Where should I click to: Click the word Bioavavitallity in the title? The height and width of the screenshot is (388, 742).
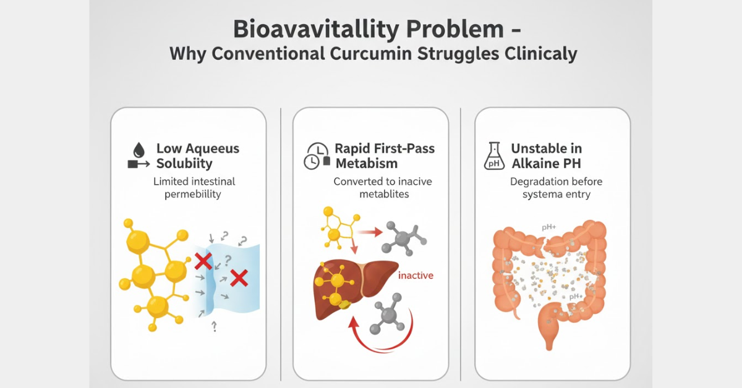316,30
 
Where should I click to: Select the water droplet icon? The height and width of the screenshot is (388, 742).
139,150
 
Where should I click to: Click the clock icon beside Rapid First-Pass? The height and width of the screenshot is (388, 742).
317,156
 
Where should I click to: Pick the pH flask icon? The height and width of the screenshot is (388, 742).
494,156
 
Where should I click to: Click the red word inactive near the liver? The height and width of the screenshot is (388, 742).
416,276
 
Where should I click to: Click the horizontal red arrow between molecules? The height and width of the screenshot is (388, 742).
370,232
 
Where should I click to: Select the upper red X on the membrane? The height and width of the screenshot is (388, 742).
203,261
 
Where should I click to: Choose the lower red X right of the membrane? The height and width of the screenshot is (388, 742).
239,278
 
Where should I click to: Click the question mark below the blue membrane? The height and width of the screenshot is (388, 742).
215,326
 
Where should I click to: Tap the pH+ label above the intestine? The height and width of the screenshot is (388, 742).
549,227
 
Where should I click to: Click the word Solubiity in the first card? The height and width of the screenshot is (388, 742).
184,164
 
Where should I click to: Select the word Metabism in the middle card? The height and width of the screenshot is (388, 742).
366,164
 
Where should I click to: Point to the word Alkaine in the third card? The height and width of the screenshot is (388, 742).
532,164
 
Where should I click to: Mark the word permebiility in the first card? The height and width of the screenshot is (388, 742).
193,194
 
